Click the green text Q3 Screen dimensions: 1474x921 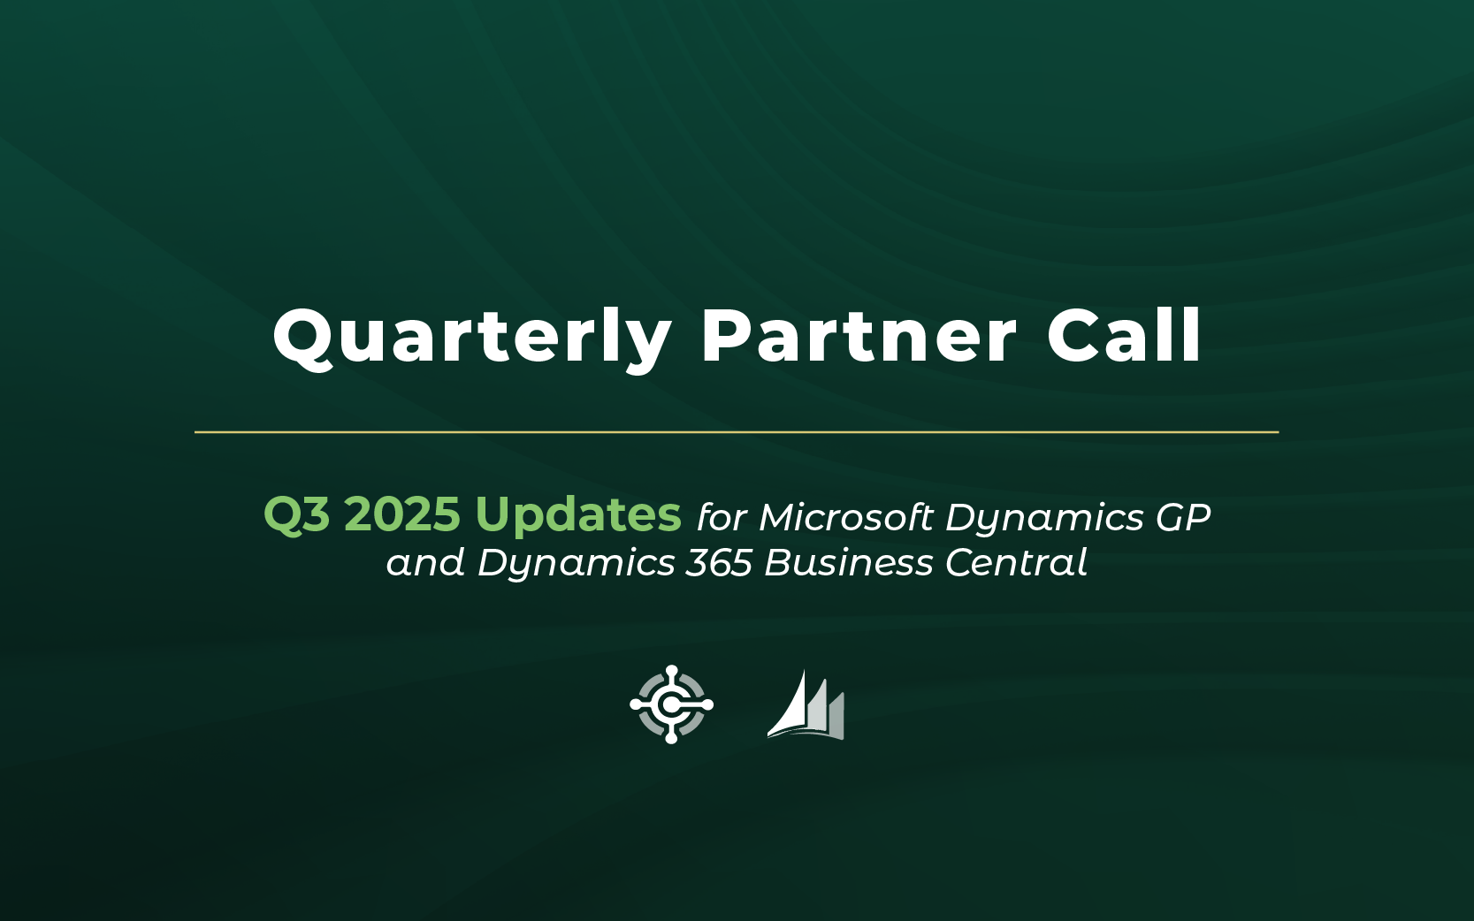(x=297, y=514)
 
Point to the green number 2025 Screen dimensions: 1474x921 (x=402, y=514)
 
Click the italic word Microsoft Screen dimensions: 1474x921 (x=846, y=517)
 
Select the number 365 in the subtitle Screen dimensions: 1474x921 (x=719, y=563)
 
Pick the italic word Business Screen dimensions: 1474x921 (x=848, y=563)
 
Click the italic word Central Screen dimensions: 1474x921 (x=1016, y=562)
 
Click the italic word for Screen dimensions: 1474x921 (x=722, y=517)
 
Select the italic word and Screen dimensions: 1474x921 (x=425, y=563)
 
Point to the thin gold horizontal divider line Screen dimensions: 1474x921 (x=737, y=432)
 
